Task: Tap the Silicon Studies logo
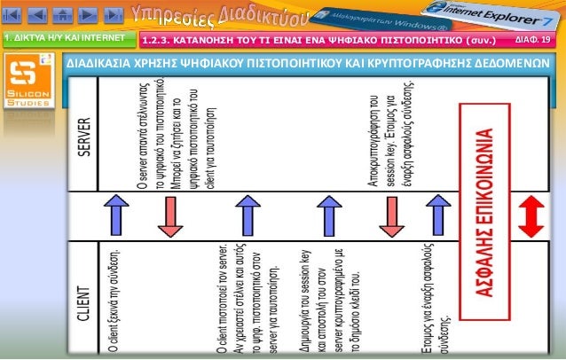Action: point(28,84)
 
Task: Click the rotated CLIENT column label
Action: point(84,306)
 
